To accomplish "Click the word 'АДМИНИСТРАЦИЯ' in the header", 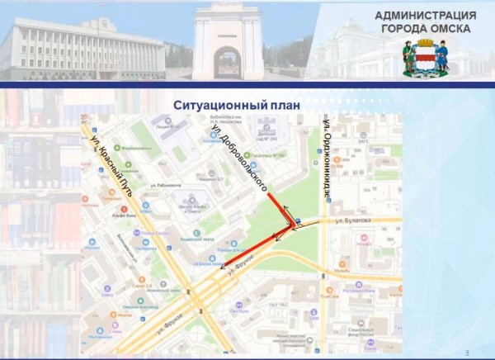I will [x=425, y=16].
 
